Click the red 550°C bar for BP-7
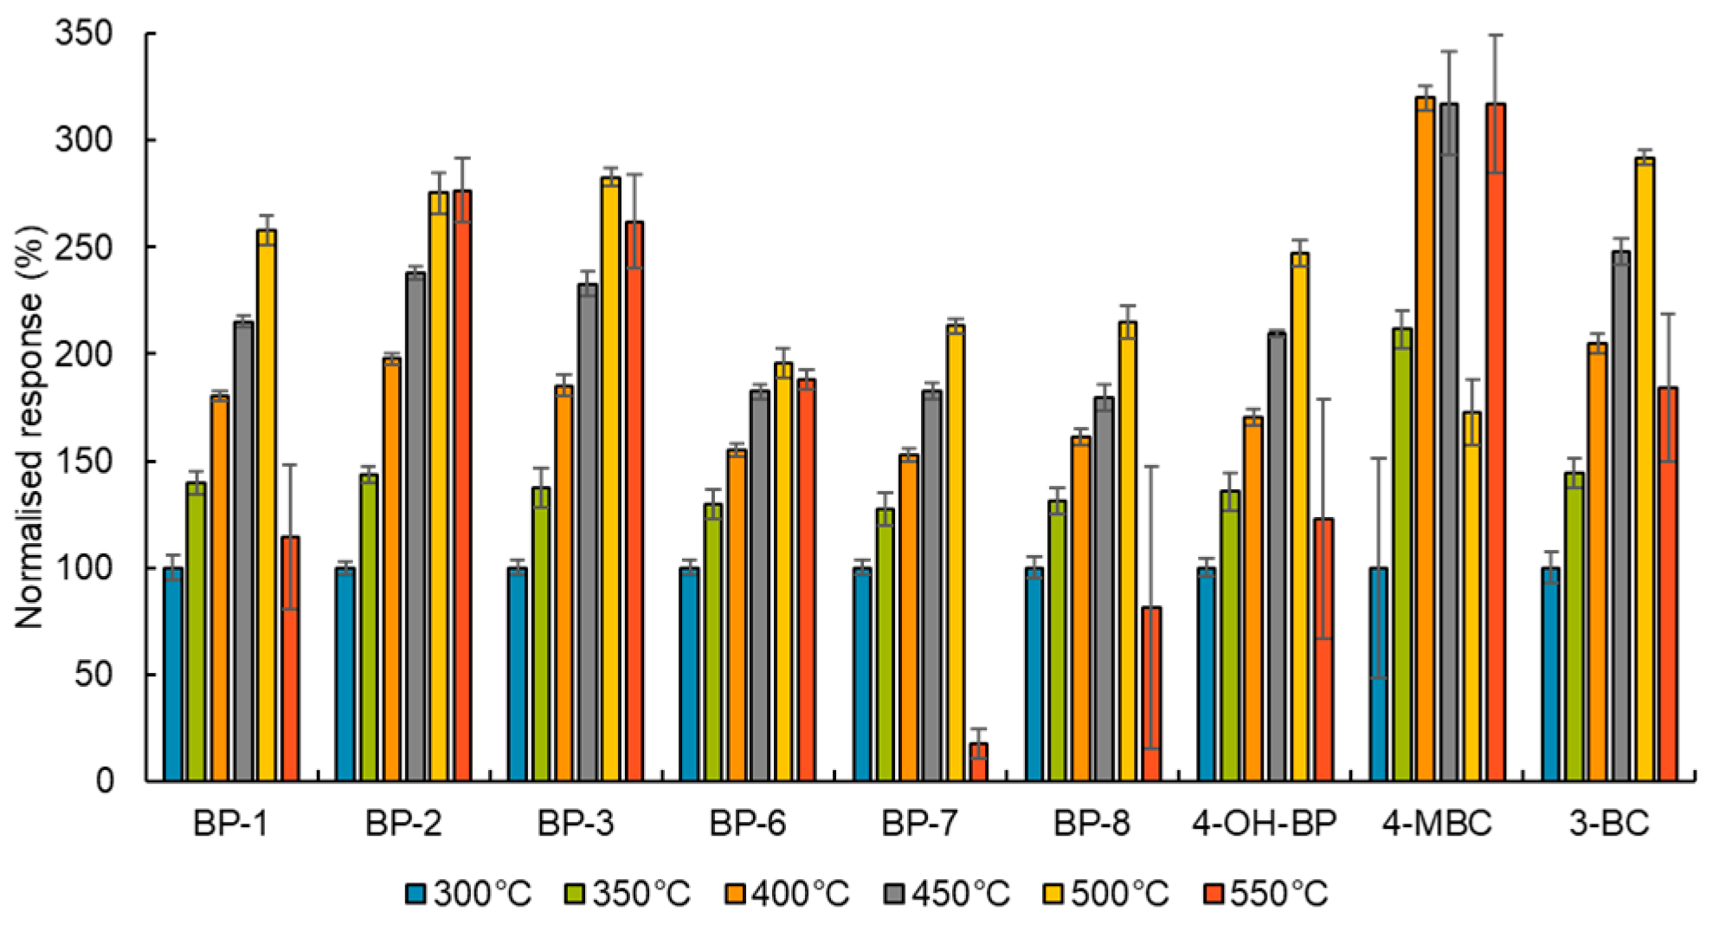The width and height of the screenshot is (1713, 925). (x=978, y=762)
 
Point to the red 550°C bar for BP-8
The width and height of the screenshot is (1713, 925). (x=1151, y=694)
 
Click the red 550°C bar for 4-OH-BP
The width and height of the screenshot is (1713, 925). (x=1323, y=650)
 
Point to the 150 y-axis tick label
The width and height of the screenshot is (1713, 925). (x=84, y=461)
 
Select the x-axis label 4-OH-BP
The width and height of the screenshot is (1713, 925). (x=1264, y=824)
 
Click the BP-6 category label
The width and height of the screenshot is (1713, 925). (x=748, y=824)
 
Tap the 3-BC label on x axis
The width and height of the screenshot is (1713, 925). (x=1609, y=824)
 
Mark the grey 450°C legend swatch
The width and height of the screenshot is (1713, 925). (x=896, y=894)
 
